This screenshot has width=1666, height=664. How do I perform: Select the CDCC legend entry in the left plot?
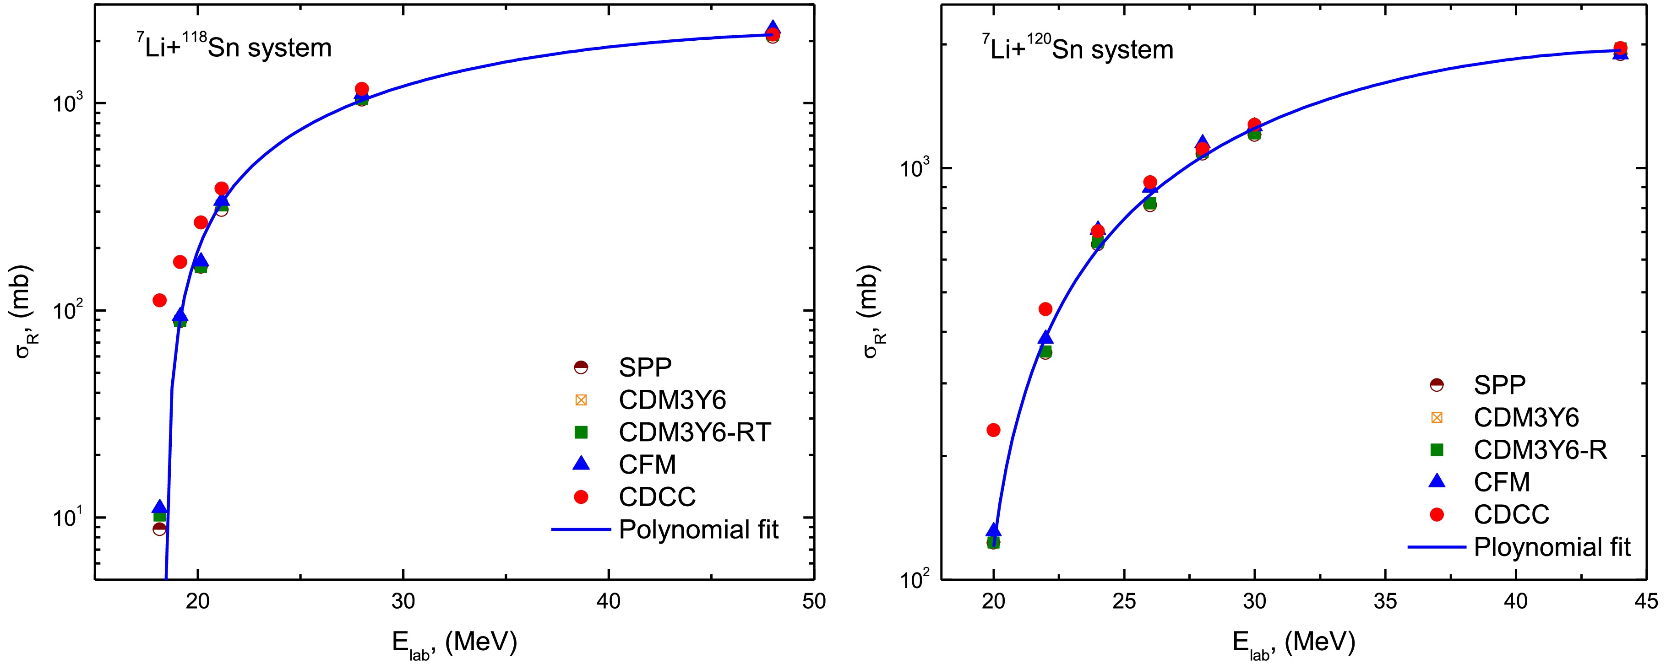656,497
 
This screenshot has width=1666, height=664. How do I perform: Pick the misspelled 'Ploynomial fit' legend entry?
1552,547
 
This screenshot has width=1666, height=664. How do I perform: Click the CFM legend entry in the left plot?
647,464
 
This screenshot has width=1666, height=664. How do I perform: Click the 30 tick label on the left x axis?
402,602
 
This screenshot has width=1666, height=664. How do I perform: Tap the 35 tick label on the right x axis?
1385,602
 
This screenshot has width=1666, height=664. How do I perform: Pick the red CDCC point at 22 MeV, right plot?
1046,309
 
